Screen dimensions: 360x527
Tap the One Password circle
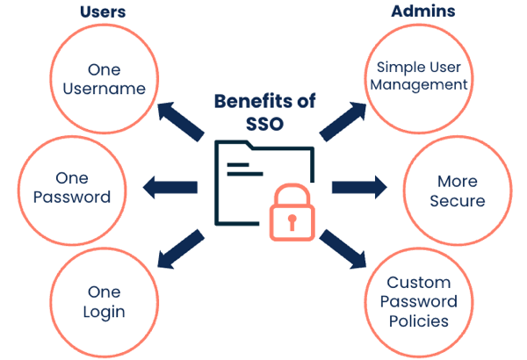(x=72, y=186)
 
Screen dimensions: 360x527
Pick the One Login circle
(x=105, y=301)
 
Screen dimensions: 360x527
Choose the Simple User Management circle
(x=421, y=76)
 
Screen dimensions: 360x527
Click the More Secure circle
(x=456, y=191)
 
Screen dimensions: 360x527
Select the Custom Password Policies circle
(x=419, y=302)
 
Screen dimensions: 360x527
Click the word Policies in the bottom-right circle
(x=419, y=320)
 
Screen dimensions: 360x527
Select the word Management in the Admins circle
(x=421, y=85)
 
